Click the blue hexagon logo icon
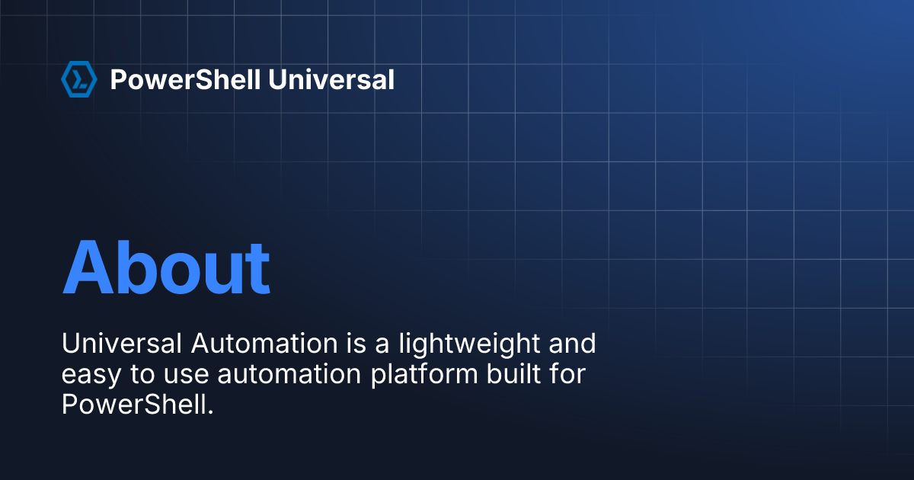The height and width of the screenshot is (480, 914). pyautogui.click(x=78, y=79)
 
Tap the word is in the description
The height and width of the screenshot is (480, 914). pyautogui.click(x=356, y=344)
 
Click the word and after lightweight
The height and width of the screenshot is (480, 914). pyautogui.click(x=571, y=344)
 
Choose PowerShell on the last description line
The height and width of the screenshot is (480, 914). pyautogui.click(x=133, y=404)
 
